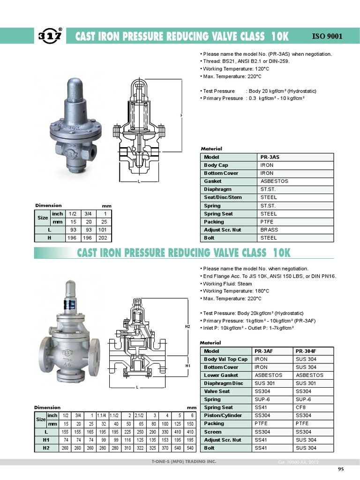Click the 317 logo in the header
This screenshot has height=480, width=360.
pyautogui.click(x=50, y=36)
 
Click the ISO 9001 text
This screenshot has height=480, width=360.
pyautogui.click(x=327, y=36)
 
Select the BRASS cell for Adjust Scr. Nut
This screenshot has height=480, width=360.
pyautogui.click(x=269, y=230)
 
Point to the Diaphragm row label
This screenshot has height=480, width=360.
pyautogui.click(x=217, y=189)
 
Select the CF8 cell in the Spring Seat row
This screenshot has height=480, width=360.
pyautogui.click(x=301, y=407)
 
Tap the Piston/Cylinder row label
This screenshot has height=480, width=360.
pyautogui.click(x=223, y=415)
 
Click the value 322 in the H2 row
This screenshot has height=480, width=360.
pyautogui.click(x=140, y=448)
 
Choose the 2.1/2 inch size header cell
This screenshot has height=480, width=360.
pyautogui.click(x=140, y=415)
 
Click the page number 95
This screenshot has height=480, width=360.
pyautogui.click(x=341, y=469)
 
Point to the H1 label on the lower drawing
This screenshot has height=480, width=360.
pyautogui.click(x=187, y=366)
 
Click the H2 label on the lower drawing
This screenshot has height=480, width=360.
pyautogui.click(x=187, y=326)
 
